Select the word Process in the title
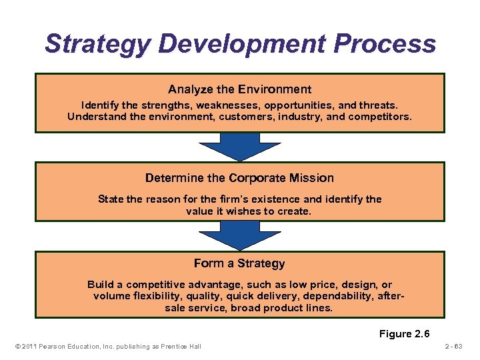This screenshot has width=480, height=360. click(x=385, y=45)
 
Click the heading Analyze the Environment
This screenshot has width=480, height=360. click(x=239, y=89)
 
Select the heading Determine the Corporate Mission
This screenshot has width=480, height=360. click(x=239, y=178)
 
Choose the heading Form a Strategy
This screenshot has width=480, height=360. click(x=239, y=263)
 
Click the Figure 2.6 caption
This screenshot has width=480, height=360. click(x=405, y=333)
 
